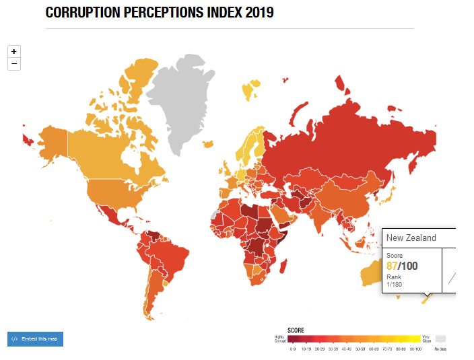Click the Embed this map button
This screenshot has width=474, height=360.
35,338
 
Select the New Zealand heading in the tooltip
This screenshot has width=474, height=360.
411,238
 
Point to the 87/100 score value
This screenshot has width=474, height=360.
402,266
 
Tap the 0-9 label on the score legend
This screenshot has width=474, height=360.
292,349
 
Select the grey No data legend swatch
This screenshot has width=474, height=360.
441,339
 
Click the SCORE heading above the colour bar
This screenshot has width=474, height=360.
296,330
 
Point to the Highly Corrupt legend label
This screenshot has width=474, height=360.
279,339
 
